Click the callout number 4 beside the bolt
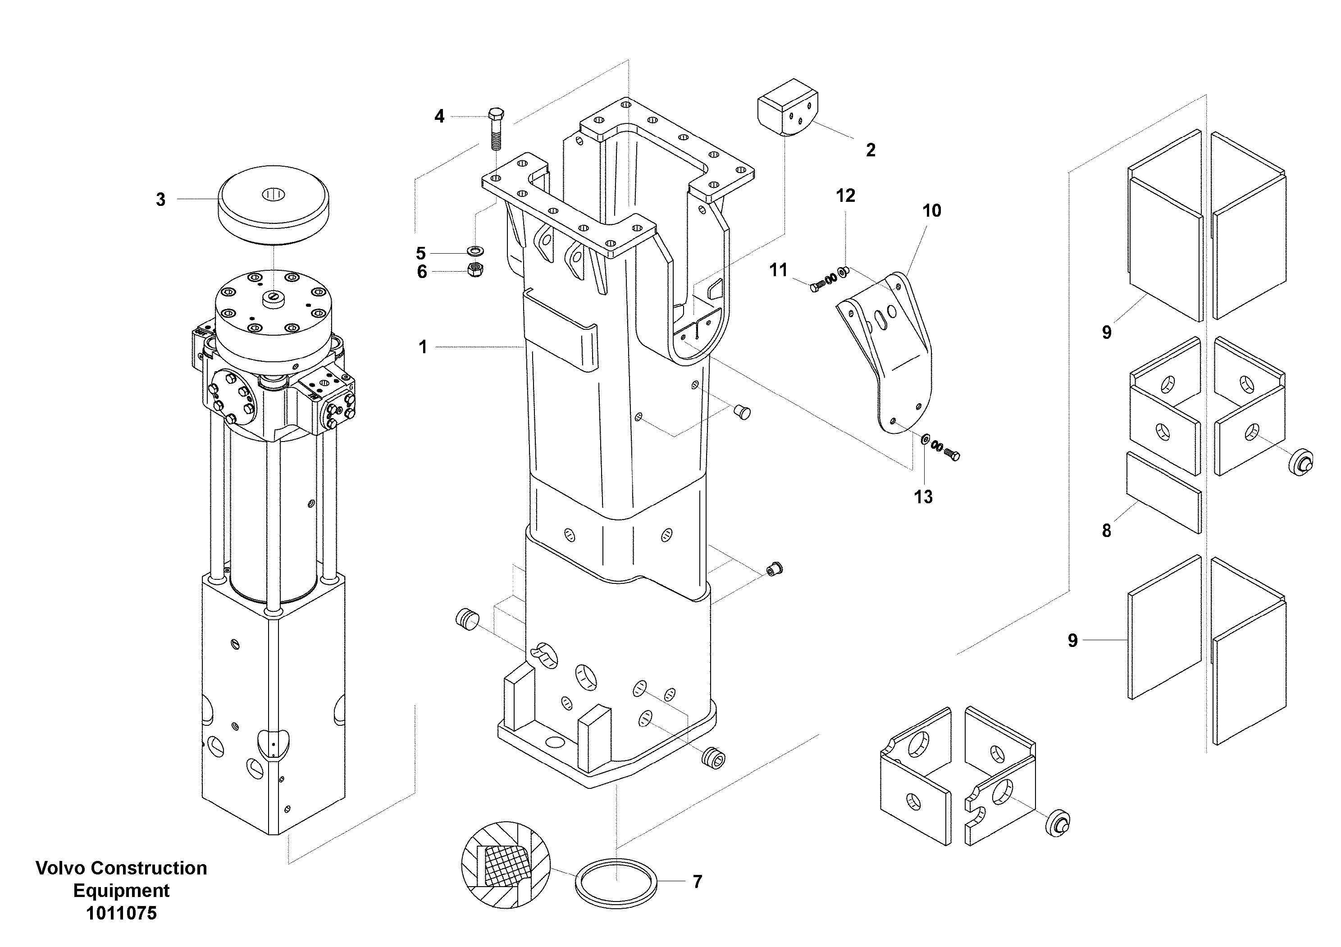click(439, 117)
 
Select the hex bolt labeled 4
click(495, 130)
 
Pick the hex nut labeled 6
click(475, 270)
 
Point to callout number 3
click(160, 200)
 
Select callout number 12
click(845, 196)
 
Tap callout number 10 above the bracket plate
click(931, 211)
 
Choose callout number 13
click(923, 497)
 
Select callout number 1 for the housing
click(423, 347)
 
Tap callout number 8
click(1106, 531)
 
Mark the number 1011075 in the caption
click(122, 913)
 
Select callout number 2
click(870, 150)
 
